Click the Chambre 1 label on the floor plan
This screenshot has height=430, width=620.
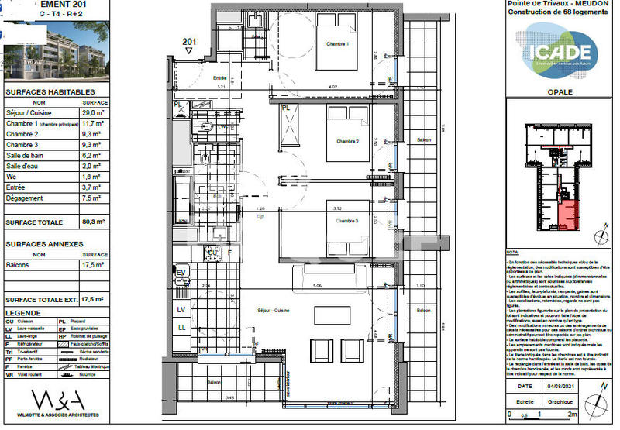tap(338, 43)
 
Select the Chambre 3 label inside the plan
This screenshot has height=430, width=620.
tap(347, 220)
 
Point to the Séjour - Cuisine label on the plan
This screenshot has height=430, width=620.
tap(275, 310)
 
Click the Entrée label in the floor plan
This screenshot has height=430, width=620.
tap(219, 77)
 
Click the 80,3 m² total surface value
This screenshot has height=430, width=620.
tap(94, 222)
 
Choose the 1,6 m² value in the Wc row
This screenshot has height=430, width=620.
tap(92, 175)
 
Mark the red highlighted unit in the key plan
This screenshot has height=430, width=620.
tap(569, 214)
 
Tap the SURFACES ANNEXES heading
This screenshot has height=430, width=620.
tap(44, 243)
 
